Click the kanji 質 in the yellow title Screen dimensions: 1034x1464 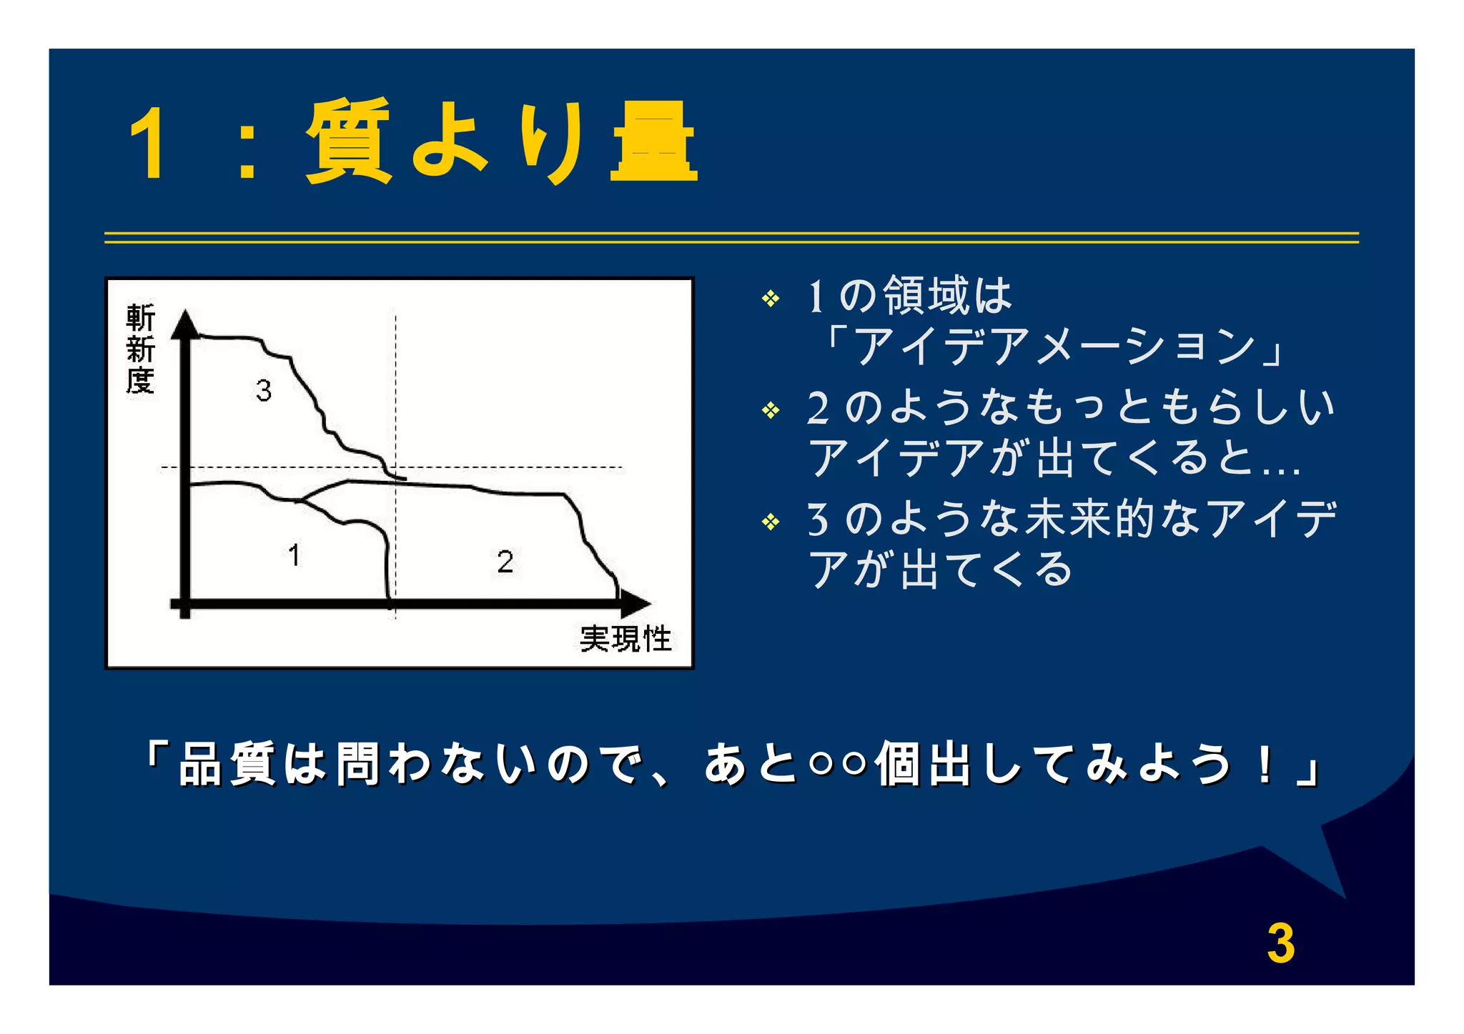click(349, 141)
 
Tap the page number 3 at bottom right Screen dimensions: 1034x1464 click(1280, 944)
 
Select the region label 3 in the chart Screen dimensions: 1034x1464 click(264, 391)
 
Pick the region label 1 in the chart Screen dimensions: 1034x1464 click(294, 555)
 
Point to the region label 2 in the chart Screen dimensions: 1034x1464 click(505, 562)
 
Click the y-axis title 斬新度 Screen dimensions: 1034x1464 click(140, 349)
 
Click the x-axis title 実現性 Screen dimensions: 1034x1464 click(625, 639)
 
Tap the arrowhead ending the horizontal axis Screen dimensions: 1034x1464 click(635, 605)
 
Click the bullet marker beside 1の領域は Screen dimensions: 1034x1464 click(771, 298)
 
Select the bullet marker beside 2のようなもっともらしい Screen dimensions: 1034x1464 click(771, 410)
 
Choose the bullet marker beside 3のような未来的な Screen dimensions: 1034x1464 click(771, 522)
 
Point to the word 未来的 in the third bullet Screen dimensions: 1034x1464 click(1091, 519)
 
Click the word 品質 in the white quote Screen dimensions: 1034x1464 click(227, 764)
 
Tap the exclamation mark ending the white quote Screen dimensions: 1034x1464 click(1265, 764)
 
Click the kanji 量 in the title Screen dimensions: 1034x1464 click(653, 141)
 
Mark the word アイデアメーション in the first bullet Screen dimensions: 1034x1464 click(1054, 347)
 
